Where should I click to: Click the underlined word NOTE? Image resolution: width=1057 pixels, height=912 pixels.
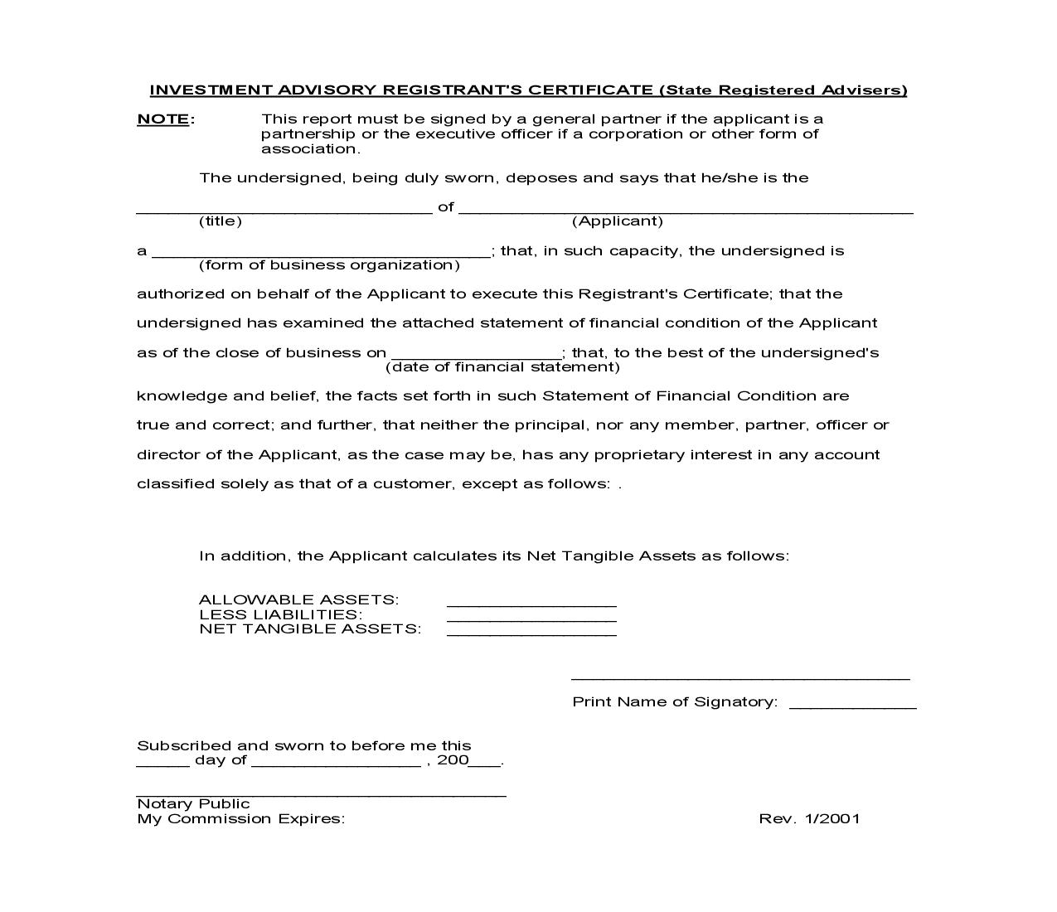click(x=163, y=119)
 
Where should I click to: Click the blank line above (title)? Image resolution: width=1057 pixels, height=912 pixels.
click(x=284, y=210)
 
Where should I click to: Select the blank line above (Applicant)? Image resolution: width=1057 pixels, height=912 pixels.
click(x=686, y=210)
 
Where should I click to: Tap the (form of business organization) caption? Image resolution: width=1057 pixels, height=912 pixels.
click(x=329, y=265)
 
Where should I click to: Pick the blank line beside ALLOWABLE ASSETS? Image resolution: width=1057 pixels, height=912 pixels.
click(x=531, y=604)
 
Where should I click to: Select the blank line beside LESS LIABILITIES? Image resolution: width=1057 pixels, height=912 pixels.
click(x=531, y=619)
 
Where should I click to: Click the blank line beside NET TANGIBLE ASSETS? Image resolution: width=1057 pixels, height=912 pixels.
click(x=531, y=633)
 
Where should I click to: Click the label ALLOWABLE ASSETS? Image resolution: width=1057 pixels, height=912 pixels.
click(x=298, y=599)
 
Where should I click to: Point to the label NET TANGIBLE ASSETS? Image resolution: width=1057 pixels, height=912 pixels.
click(x=310, y=628)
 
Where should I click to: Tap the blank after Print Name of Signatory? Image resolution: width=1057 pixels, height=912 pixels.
click(x=852, y=706)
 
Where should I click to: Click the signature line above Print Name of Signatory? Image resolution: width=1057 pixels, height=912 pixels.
click(x=740, y=677)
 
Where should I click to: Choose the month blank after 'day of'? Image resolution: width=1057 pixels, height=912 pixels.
click(x=336, y=765)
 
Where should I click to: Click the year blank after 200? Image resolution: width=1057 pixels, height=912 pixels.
click(x=485, y=765)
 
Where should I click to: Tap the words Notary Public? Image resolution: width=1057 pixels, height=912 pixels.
click(x=193, y=803)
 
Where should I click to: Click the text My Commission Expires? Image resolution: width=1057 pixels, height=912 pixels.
click(x=240, y=818)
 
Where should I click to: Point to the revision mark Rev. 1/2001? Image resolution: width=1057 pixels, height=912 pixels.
click(x=809, y=818)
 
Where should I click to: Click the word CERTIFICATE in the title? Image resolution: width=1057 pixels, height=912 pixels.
click(x=591, y=90)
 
